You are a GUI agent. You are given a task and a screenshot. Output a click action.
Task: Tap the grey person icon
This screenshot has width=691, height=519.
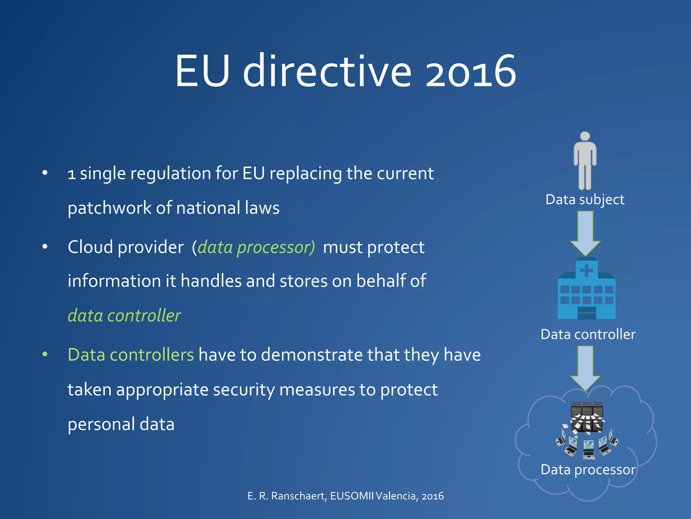coord(585,161)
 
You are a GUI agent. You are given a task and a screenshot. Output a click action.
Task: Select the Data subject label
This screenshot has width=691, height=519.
coord(585,199)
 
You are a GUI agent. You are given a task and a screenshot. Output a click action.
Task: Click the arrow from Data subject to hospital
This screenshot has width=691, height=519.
coord(585,233)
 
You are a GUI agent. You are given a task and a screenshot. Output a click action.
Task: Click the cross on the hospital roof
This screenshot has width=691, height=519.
coord(586,270)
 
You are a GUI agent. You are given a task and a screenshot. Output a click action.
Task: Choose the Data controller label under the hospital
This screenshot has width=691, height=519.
coord(588,334)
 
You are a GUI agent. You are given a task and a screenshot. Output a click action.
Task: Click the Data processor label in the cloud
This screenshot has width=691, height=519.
coord(588,470)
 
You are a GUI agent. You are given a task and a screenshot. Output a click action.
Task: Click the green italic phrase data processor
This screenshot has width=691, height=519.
coord(256,247)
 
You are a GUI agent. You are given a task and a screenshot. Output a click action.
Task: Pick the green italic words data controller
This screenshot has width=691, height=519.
coord(124,316)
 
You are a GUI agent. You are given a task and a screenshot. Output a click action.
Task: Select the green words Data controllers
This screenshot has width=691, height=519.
coord(131,355)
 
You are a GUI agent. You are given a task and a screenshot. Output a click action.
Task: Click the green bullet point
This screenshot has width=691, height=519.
coord(45,354)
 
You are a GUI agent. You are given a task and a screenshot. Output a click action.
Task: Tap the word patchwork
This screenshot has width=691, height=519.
coord(109,208)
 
